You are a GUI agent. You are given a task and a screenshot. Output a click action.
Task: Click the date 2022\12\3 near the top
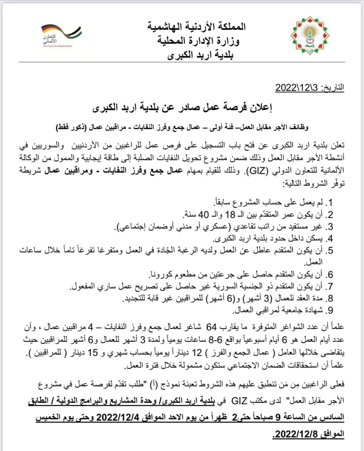tap(296, 87)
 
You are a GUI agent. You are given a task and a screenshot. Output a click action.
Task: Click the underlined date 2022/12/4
tap(116, 417)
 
